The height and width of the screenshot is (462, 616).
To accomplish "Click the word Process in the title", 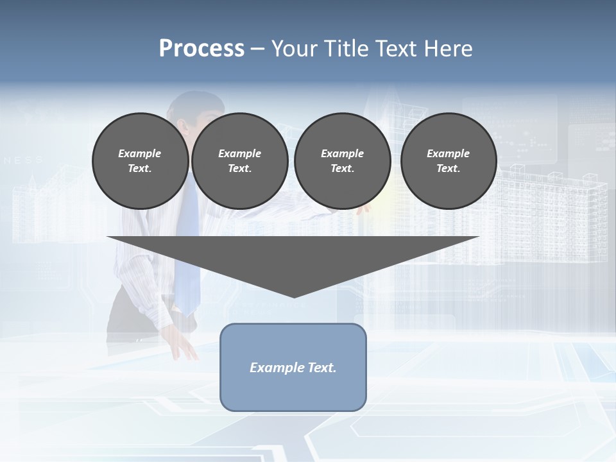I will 201,49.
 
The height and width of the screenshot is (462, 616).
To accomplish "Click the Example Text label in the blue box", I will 293,368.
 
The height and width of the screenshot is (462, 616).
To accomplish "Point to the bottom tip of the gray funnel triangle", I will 294,296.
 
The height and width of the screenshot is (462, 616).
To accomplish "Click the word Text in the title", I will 397,49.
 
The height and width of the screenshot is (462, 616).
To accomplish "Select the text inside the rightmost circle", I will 449,161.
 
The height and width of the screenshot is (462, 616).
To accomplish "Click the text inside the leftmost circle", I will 140,161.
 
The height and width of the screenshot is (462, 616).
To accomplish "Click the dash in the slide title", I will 258,49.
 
